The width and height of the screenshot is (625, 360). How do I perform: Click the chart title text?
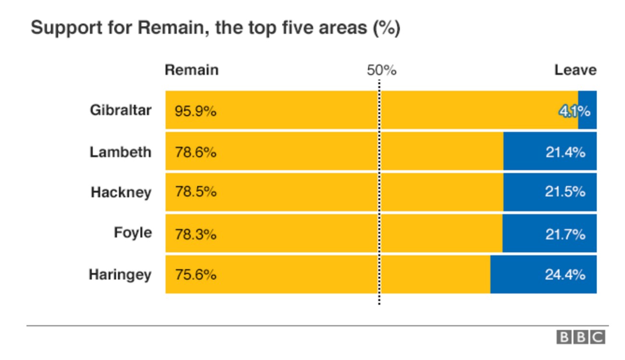click(x=215, y=28)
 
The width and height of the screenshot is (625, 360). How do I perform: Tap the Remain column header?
click(x=191, y=70)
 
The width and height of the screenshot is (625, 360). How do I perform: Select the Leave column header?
click(x=575, y=70)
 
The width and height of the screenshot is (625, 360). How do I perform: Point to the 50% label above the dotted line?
click(x=381, y=70)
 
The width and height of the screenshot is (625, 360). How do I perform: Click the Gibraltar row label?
click(x=120, y=110)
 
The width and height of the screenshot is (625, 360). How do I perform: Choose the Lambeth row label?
click(x=120, y=152)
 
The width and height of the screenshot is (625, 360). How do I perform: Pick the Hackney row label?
click(x=121, y=192)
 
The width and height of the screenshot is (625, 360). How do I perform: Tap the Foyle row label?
click(x=132, y=233)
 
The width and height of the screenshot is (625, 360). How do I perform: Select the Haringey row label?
click(x=120, y=275)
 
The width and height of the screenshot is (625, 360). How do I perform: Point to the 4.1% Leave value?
click(x=574, y=112)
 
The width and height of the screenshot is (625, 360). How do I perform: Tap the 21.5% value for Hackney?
click(x=565, y=192)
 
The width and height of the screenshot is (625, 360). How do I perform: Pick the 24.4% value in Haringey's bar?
click(x=565, y=275)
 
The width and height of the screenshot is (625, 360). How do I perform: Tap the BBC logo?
click(x=581, y=337)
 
